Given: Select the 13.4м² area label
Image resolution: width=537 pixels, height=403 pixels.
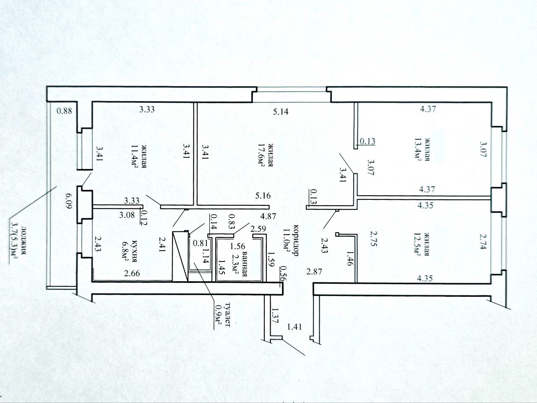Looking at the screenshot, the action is pyautogui.click(x=417, y=149).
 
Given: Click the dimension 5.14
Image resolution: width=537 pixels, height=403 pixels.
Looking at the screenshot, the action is pyautogui.click(x=281, y=112).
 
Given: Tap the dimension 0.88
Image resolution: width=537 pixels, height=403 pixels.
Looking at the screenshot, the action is pyautogui.click(x=64, y=111).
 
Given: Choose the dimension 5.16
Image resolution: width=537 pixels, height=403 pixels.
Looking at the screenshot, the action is pyautogui.click(x=263, y=196).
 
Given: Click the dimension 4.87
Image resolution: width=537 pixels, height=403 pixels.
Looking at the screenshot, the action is pyautogui.click(x=268, y=217).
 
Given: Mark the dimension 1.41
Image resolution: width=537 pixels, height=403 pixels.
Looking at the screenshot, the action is pyautogui.click(x=295, y=327).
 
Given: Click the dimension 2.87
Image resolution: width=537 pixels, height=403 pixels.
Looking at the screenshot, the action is pyautogui.click(x=314, y=272).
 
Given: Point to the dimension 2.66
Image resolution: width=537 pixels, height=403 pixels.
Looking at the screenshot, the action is pyautogui.click(x=132, y=273).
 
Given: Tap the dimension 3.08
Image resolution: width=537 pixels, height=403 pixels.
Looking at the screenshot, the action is pyautogui.click(x=127, y=215).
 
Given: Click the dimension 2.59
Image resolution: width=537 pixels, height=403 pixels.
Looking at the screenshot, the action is pyautogui.click(x=258, y=229).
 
